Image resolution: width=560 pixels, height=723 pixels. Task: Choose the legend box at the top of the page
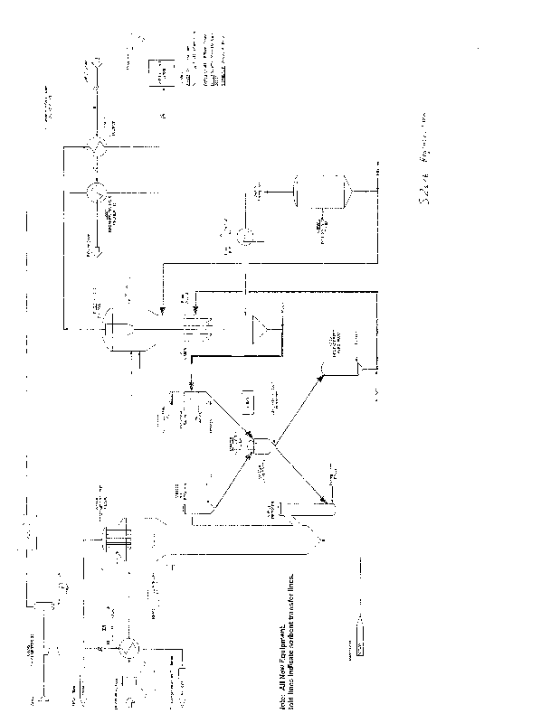pos(163,73)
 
